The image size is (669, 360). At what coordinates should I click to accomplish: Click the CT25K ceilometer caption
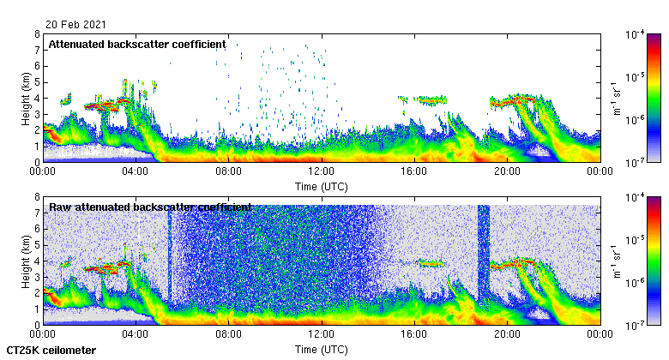(x=51, y=351)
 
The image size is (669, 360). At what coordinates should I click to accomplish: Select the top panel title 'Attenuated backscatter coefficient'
(x=137, y=44)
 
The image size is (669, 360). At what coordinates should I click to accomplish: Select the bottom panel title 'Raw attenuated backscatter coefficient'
(x=150, y=207)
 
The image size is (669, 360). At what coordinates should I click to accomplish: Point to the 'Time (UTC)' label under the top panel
(x=322, y=186)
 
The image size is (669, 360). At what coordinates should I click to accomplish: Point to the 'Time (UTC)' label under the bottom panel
(x=322, y=350)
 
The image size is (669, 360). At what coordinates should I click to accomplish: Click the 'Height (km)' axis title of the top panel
(x=26, y=98)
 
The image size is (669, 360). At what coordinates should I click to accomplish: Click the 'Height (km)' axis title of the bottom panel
(x=26, y=261)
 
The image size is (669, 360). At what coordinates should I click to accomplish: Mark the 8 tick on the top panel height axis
(x=37, y=34)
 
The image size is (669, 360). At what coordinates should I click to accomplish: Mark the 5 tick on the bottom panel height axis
(x=37, y=245)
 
